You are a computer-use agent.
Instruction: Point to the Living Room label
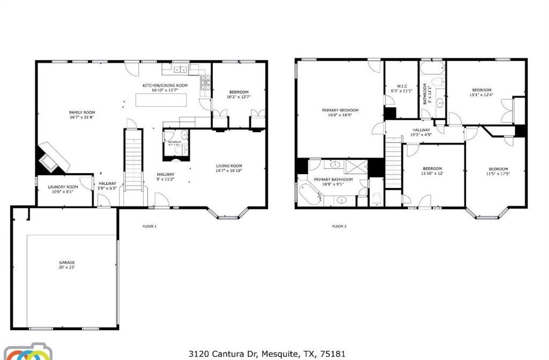[229, 168]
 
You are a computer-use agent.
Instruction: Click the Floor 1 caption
[149, 226]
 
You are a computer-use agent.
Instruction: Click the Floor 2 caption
[339, 226]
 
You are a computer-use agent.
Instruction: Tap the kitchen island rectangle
[161, 100]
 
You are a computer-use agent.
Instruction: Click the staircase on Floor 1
[133, 161]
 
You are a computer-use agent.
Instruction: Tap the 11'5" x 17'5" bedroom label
[498, 171]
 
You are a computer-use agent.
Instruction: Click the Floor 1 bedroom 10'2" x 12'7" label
[239, 94]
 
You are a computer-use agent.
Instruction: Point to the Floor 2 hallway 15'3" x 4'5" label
[421, 132]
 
